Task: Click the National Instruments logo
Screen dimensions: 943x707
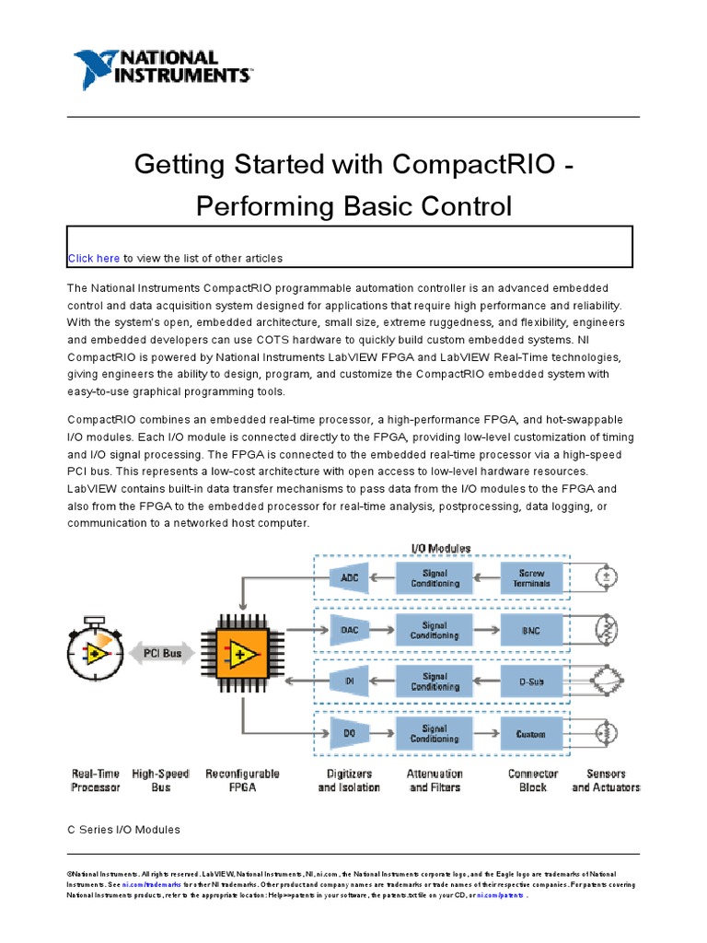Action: coord(162,70)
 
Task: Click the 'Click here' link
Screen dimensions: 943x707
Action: coord(93,258)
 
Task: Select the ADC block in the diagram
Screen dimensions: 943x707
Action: coord(350,577)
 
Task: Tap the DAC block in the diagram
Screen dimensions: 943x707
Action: coord(350,630)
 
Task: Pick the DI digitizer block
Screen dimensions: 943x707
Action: coord(350,681)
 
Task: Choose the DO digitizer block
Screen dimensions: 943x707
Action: coord(350,734)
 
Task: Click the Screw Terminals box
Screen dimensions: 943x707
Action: coord(532,577)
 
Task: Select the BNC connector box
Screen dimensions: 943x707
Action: coord(532,630)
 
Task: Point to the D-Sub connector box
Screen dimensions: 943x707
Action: coord(532,681)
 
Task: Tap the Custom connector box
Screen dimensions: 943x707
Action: coord(532,734)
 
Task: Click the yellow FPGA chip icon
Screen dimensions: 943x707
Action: coord(242,655)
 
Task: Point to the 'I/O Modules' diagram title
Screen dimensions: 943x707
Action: coord(440,548)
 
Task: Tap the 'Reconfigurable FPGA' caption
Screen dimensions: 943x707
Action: coord(242,781)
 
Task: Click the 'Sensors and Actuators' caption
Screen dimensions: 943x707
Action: coord(605,781)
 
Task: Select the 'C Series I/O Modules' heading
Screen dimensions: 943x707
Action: coord(123,830)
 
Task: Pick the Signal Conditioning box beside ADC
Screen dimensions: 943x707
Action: coord(435,577)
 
